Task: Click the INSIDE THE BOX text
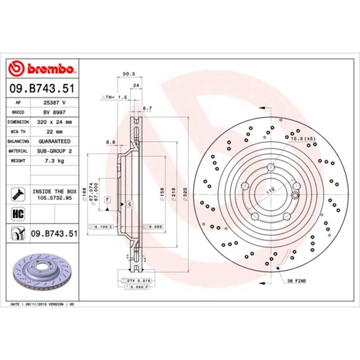pyautogui.click(x=53, y=193)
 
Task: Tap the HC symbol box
pyautogui.click(x=17, y=214)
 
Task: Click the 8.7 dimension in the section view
pyautogui.click(x=147, y=109)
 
